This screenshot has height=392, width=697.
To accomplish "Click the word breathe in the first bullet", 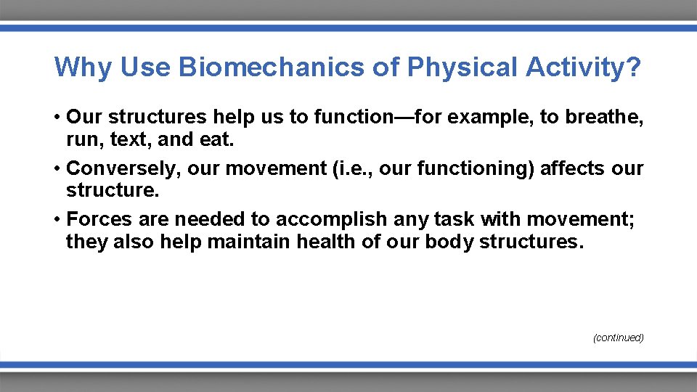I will click(601, 118).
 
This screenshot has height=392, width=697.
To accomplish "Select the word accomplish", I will click(332, 220).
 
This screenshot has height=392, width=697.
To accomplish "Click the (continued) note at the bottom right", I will click(618, 338).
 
